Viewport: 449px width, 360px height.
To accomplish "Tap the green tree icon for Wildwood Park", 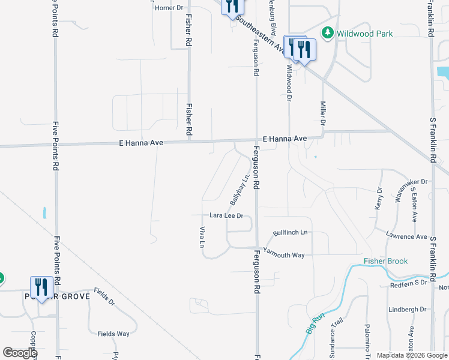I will coord(328,33).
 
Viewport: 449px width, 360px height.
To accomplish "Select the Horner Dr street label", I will coord(169,8).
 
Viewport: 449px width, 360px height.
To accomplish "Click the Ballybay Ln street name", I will coord(239,191).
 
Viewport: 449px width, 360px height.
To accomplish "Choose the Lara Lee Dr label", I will coord(226,215).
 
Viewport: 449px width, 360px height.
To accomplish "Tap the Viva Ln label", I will coord(202,236).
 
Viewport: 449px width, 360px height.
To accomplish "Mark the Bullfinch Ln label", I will coord(290,232).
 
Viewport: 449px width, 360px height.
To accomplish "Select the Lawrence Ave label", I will coord(406,236).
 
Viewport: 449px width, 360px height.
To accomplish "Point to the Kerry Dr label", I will coord(379,198).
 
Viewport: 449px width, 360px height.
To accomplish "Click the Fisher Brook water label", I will coord(385,261).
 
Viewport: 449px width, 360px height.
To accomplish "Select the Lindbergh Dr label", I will coord(407,310).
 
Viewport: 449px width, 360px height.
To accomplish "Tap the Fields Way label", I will coord(113,334).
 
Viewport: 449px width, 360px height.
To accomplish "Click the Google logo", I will coord(20,353).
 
